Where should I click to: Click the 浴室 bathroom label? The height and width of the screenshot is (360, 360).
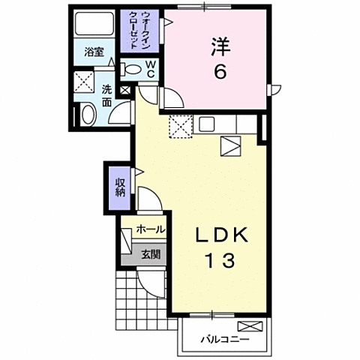(94, 53)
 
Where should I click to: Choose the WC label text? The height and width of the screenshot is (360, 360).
(150, 69)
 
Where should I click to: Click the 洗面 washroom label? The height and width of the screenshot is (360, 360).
(107, 95)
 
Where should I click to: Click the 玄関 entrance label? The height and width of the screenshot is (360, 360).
(150, 254)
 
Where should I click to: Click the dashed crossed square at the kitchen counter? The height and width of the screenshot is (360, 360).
(180, 127)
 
